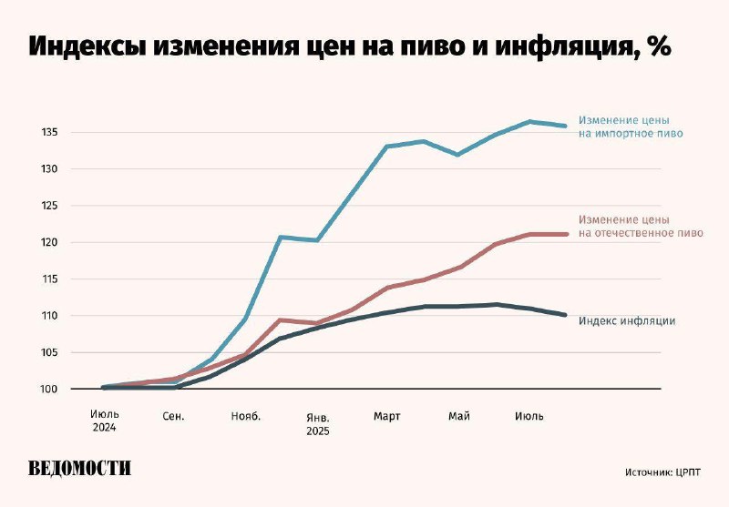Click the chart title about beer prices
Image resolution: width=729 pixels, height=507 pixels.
pyautogui.click(x=350, y=48)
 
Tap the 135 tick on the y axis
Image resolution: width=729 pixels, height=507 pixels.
pyautogui.click(x=49, y=133)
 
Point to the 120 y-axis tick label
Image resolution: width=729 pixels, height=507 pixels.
pyautogui.click(x=49, y=242)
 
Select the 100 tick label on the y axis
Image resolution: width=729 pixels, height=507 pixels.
pyautogui.click(x=49, y=390)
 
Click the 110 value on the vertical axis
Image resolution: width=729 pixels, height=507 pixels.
pyautogui.click(x=49, y=316)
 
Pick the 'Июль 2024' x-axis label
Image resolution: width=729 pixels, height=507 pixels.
pyautogui.click(x=104, y=421)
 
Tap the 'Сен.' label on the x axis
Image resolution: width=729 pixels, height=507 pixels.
pyautogui.click(x=174, y=416)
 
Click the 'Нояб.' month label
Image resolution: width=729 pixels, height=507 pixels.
pyautogui.click(x=245, y=416)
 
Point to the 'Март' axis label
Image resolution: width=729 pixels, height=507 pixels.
pyautogui.click(x=387, y=416)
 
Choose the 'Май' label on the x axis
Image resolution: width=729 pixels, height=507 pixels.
pyautogui.click(x=459, y=416)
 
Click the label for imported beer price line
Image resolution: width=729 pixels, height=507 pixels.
pyautogui.click(x=630, y=127)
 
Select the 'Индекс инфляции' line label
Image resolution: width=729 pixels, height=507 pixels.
pyautogui.click(x=627, y=320)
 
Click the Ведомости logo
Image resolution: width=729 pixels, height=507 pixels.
pyautogui.click(x=80, y=469)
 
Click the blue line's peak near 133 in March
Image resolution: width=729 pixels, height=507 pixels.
pyautogui.click(x=387, y=147)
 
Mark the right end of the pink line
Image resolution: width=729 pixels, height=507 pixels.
pyautogui.click(x=566, y=234)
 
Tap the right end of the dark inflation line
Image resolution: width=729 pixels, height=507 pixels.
pyautogui.click(x=566, y=315)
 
